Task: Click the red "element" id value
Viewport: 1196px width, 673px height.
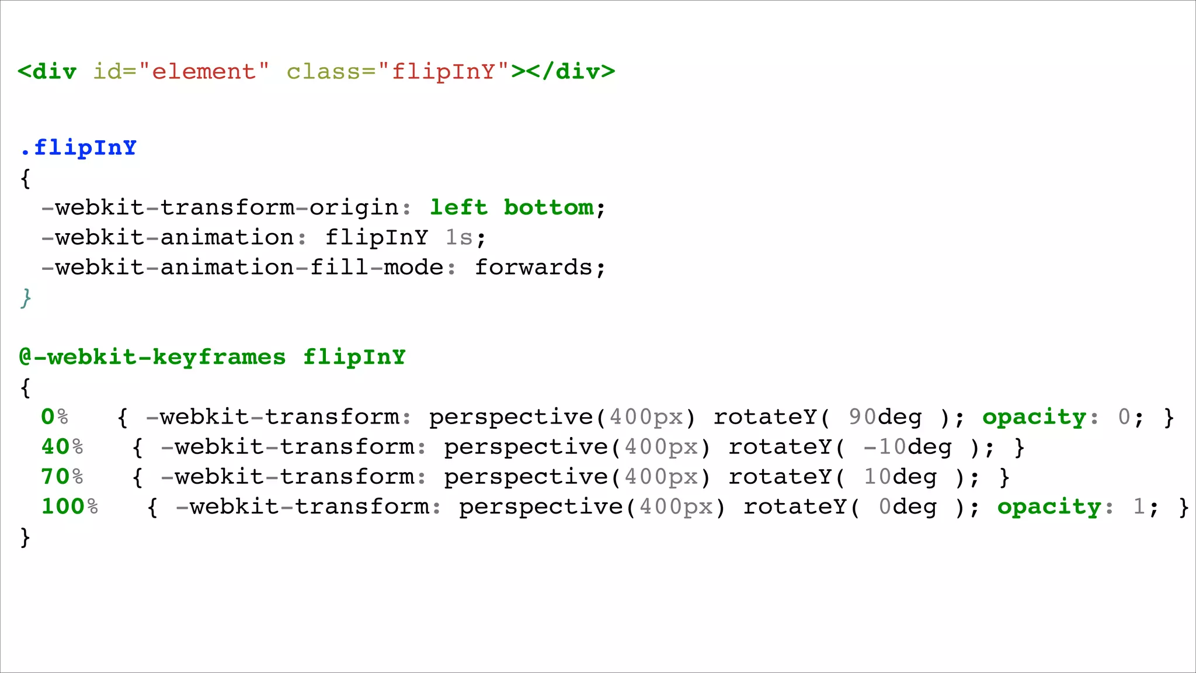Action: coord(204,71)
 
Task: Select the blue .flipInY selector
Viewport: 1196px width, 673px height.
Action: coord(78,147)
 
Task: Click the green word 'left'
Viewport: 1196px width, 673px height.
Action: coord(458,207)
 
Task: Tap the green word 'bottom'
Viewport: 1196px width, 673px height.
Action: coord(548,207)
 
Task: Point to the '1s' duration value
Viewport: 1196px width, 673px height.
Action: coord(458,238)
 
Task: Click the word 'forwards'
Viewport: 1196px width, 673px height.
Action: coord(533,268)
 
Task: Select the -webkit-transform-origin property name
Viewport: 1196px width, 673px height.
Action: coord(220,207)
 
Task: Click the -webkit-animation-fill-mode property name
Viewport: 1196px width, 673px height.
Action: coord(242,268)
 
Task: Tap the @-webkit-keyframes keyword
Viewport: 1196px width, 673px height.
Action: coord(152,357)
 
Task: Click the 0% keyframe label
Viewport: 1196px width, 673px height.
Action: coord(54,417)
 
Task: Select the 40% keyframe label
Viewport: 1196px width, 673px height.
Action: coord(62,447)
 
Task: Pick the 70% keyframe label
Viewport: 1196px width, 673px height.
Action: coord(62,477)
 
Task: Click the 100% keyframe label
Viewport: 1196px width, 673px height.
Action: coord(69,507)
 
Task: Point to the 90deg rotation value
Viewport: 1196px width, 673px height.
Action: coord(885,417)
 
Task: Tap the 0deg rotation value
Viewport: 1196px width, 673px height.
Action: coord(908,507)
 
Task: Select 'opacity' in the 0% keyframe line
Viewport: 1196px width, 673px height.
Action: coord(1034,417)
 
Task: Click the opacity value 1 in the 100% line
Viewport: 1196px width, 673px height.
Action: coord(1139,507)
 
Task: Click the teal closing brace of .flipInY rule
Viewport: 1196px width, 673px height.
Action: coord(25,298)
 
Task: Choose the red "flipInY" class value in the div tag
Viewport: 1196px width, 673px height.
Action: coord(443,71)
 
